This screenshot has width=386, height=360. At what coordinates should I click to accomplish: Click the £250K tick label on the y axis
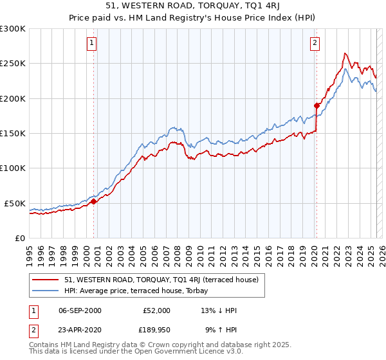pyautogui.click(x=13, y=64)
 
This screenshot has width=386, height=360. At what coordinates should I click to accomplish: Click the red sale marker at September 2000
pyautogui.click(x=94, y=201)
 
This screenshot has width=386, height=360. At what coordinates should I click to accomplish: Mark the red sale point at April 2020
pyautogui.click(x=317, y=105)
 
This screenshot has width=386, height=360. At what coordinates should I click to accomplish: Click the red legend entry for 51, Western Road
pyautogui.click(x=161, y=280)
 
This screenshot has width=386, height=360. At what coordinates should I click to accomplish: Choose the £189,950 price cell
pyautogui.click(x=154, y=329)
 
